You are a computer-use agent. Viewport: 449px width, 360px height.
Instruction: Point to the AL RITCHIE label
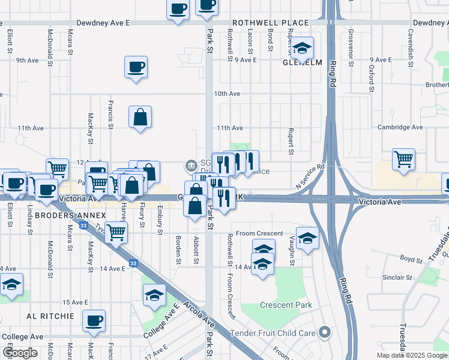pos(50,316)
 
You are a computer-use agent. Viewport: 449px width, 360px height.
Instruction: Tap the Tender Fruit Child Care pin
pos(325,331)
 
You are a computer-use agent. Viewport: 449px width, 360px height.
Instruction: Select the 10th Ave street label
pos(227,94)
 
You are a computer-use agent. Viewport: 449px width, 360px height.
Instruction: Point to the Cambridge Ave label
pos(400,127)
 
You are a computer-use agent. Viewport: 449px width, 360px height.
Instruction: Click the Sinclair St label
pos(397,278)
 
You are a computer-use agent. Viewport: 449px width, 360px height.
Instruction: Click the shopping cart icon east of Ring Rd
pos(403,160)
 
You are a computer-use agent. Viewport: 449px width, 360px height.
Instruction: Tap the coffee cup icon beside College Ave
pos(94,320)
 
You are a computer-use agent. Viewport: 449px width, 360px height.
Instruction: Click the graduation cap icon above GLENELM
pos(303,47)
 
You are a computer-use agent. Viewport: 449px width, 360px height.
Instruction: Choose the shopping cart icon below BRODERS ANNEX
pos(116,232)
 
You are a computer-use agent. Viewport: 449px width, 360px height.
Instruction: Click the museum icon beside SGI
pos(191,164)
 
